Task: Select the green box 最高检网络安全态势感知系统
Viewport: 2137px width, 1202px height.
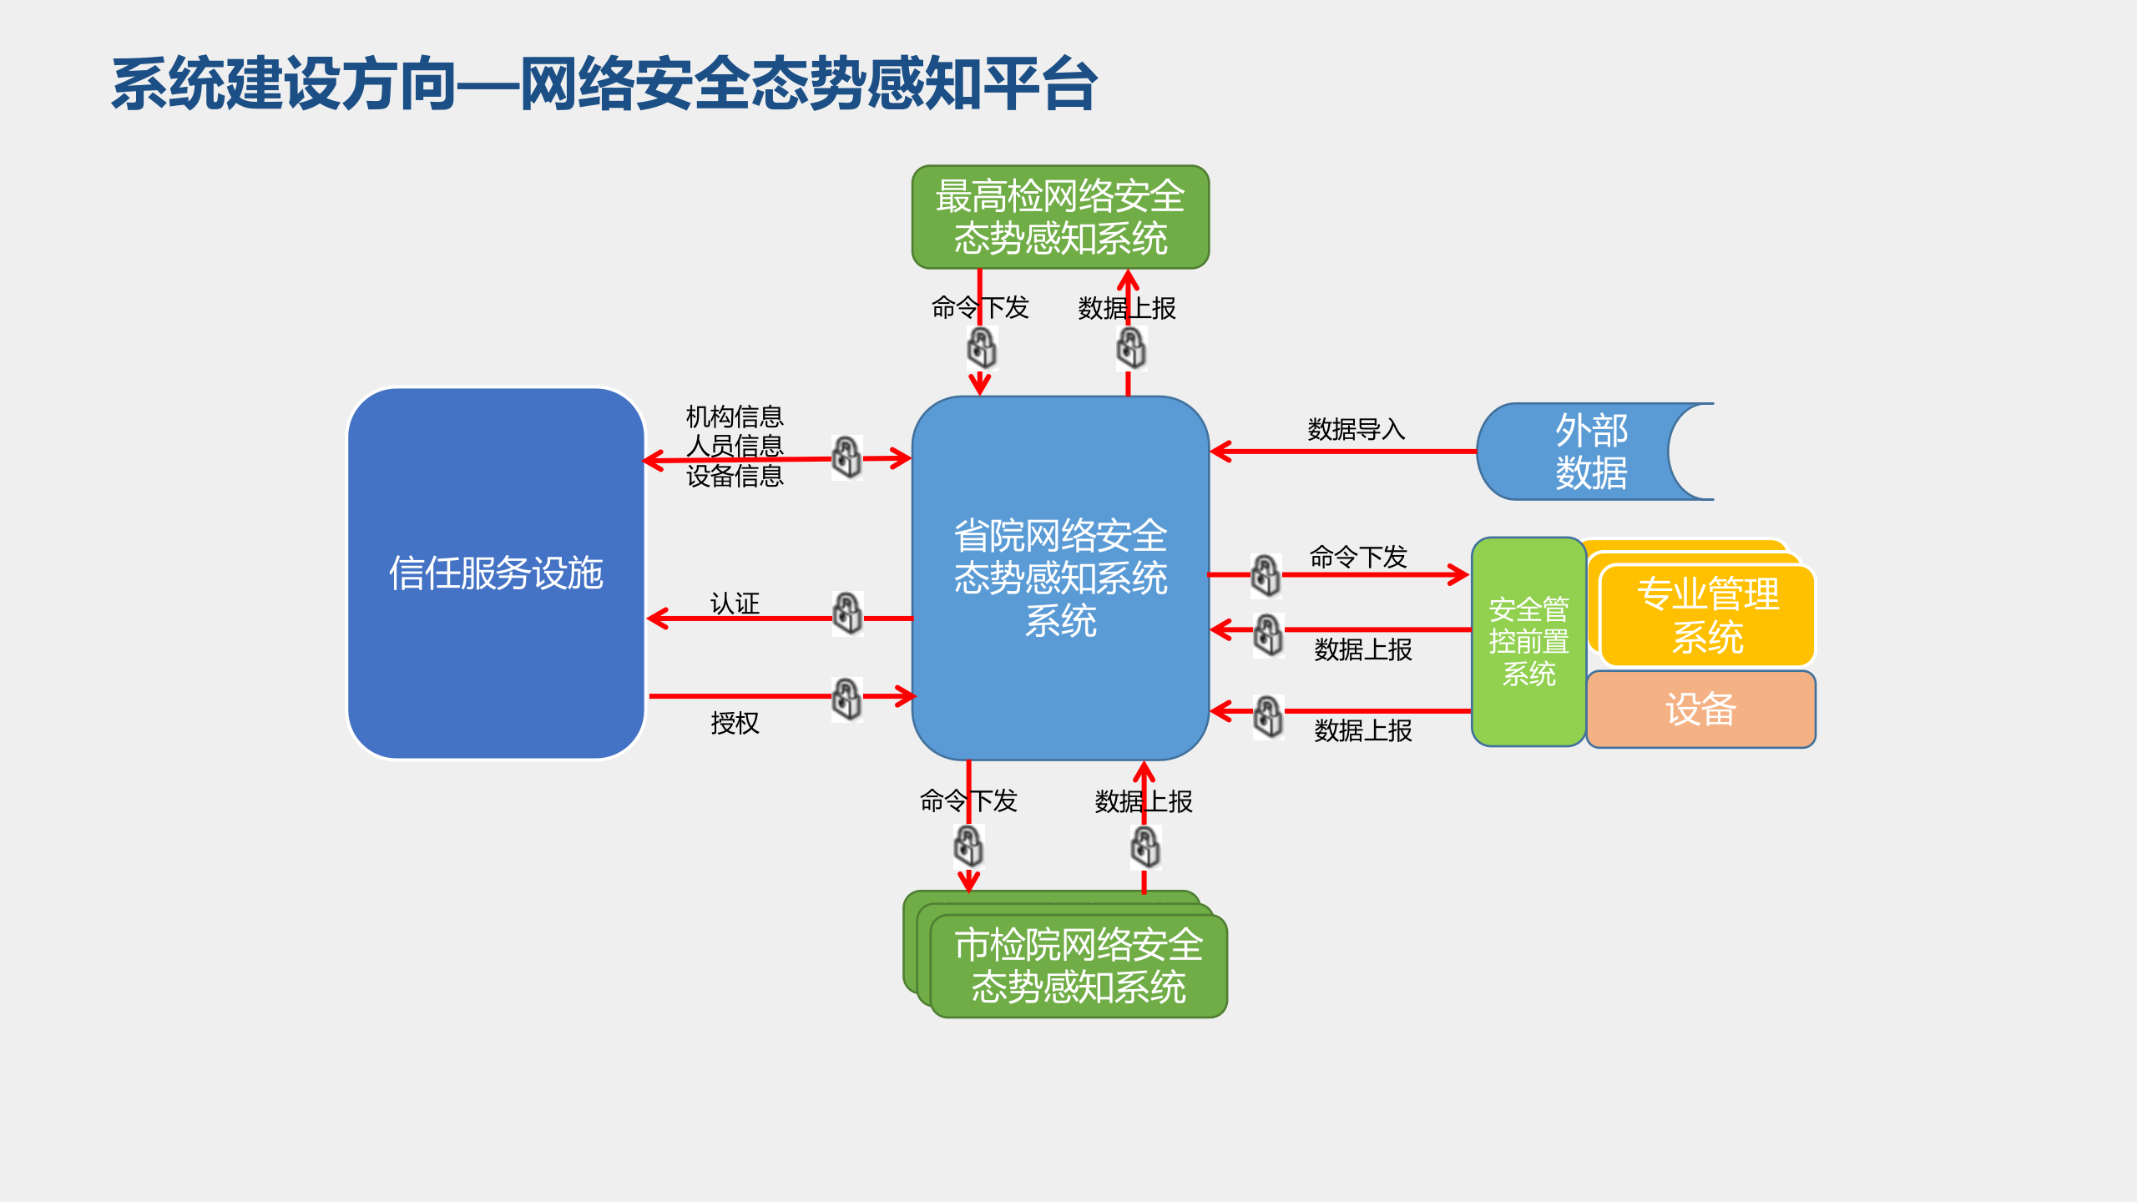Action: coord(1060,217)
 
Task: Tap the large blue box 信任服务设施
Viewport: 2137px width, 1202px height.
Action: coord(496,573)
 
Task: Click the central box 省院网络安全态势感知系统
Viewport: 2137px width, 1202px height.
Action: coord(1060,578)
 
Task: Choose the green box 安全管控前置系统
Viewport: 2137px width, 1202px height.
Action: coord(1528,641)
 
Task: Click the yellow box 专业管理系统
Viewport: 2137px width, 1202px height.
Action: coord(1707,616)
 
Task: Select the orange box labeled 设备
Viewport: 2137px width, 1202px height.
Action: coord(1700,710)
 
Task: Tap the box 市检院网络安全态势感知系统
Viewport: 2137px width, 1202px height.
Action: coord(1079,966)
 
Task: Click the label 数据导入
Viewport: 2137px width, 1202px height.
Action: coord(1356,429)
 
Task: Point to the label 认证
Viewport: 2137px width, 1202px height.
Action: coord(735,603)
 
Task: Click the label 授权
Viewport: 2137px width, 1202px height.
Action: coord(735,723)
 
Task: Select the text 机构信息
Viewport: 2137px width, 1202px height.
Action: coord(735,416)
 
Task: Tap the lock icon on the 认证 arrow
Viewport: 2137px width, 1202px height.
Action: coord(847,614)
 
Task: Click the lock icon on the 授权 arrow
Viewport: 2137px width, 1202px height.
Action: coord(846,699)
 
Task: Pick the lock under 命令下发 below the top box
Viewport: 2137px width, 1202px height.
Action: coord(982,347)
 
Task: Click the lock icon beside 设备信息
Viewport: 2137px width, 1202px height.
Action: coord(846,457)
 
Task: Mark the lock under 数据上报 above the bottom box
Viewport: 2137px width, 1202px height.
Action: coord(1145,847)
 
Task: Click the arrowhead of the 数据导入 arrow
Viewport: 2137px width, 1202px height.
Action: coord(1219,452)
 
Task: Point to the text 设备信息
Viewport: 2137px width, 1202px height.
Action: coord(735,476)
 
